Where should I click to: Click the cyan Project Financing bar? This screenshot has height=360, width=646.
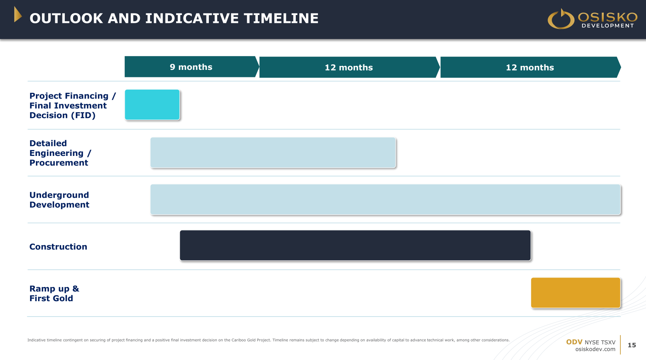pyautogui.click(x=152, y=105)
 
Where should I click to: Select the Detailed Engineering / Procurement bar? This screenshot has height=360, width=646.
pyautogui.click(x=273, y=152)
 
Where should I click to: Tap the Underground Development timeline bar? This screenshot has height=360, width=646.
pyautogui.click(x=385, y=199)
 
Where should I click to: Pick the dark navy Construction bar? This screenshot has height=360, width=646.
pyautogui.click(x=355, y=245)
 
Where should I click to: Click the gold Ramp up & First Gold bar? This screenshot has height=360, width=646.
pyautogui.click(x=576, y=293)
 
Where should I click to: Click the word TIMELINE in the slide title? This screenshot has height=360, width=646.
pyautogui.click(x=281, y=19)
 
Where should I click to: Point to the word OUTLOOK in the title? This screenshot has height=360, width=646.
pyautogui.click(x=66, y=19)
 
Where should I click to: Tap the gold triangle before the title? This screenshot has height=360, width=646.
pyautogui.click(x=18, y=15)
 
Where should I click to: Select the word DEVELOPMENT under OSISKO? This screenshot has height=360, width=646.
pyautogui.click(x=608, y=26)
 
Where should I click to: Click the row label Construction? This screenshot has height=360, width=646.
pyautogui.click(x=58, y=247)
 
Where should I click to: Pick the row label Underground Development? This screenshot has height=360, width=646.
pyautogui.click(x=59, y=200)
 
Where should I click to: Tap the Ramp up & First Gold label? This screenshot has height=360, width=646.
pyautogui.click(x=54, y=293)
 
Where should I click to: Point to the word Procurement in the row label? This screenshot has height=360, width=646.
pyautogui.click(x=59, y=163)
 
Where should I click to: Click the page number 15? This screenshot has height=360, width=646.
pyautogui.click(x=632, y=345)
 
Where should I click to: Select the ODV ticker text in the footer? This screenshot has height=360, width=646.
pyautogui.click(x=574, y=342)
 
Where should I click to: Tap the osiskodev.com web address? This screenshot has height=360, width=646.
pyautogui.click(x=595, y=349)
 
